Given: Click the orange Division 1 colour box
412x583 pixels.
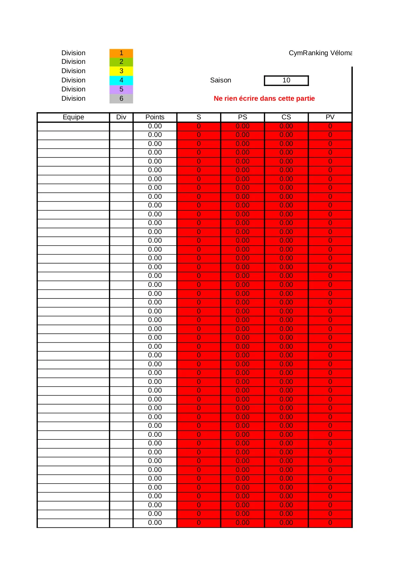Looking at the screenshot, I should (x=121, y=53).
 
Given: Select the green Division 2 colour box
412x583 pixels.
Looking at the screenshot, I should (x=121, y=62).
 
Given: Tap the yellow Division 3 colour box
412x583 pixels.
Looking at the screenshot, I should (x=121, y=71).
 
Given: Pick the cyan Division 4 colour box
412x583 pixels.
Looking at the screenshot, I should (x=121, y=80).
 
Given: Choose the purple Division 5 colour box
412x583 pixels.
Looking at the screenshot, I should (x=121, y=89).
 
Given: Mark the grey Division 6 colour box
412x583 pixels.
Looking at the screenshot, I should (x=121, y=99).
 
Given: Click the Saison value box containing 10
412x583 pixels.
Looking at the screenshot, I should (x=286, y=80).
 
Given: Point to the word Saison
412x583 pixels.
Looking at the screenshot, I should (x=220, y=80).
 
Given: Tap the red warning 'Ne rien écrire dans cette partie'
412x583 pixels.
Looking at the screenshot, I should (x=264, y=99).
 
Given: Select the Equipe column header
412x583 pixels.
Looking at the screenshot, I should (x=73, y=117).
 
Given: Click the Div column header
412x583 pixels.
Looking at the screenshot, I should (x=121, y=117).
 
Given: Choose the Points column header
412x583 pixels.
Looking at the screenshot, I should (x=155, y=117).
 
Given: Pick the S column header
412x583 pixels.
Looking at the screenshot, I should (x=199, y=117).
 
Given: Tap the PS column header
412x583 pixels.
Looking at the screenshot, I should (x=242, y=117).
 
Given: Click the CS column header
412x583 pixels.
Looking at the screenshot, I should (x=286, y=117).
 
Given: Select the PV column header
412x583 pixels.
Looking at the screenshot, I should (x=330, y=117).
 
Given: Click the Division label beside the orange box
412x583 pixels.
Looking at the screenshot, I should (x=73, y=53).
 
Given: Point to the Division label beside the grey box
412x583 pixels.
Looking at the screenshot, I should (x=73, y=99).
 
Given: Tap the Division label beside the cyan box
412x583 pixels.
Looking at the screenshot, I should (x=73, y=80).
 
